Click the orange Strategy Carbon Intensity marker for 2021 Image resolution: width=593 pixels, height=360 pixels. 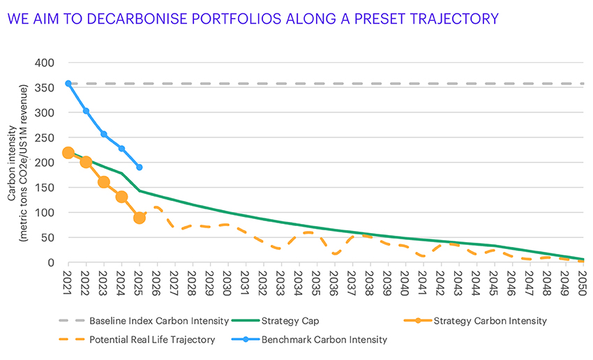coord(68,153)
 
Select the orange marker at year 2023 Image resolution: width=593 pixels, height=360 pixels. coord(104,181)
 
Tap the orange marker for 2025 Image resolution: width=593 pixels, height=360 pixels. coord(140,218)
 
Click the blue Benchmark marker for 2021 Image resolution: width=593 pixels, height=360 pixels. coord(68,83)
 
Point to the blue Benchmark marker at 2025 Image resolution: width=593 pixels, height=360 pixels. coord(140,167)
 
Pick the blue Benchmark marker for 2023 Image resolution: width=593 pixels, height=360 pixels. coord(104,134)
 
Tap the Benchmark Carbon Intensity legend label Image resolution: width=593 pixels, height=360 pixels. coord(324,340)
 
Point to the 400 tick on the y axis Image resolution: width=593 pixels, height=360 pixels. coord(45,63)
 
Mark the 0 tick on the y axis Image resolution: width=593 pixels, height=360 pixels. coord(50,262)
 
